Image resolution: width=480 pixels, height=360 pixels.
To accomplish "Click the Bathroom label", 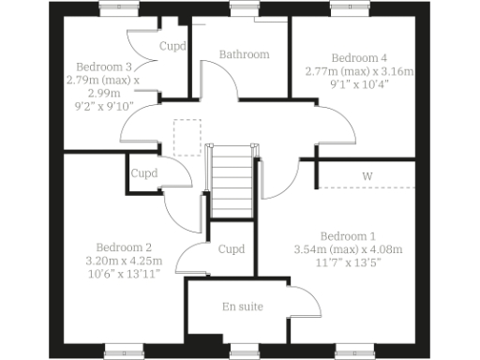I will click(x=244, y=54).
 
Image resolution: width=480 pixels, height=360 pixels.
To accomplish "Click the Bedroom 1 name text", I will click(x=347, y=235).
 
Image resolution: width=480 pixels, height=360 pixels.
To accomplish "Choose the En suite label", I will click(x=242, y=307).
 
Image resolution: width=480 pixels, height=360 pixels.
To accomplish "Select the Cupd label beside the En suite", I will click(x=231, y=249).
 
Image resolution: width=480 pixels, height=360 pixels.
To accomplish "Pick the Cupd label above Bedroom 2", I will click(x=143, y=173).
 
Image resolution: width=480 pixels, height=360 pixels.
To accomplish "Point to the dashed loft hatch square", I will click(x=187, y=133).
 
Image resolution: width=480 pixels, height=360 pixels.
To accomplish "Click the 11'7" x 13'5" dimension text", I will click(x=348, y=263).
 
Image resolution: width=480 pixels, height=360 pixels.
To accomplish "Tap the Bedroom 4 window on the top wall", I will click(x=349, y=7).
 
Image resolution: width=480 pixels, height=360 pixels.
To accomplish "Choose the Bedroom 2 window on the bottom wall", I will click(x=125, y=352).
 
